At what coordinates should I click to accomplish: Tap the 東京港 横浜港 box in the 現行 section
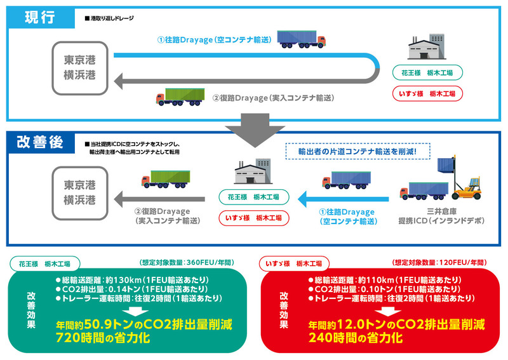(x=80, y=67)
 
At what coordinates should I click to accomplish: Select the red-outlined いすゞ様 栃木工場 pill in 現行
(x=433, y=94)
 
